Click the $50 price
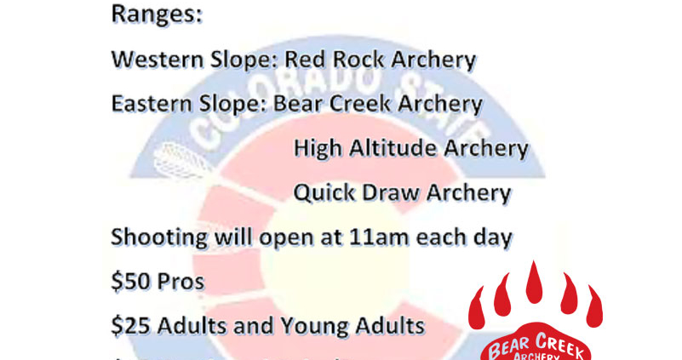click(129, 282)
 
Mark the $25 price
click(129, 325)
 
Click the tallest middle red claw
click(534, 286)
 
